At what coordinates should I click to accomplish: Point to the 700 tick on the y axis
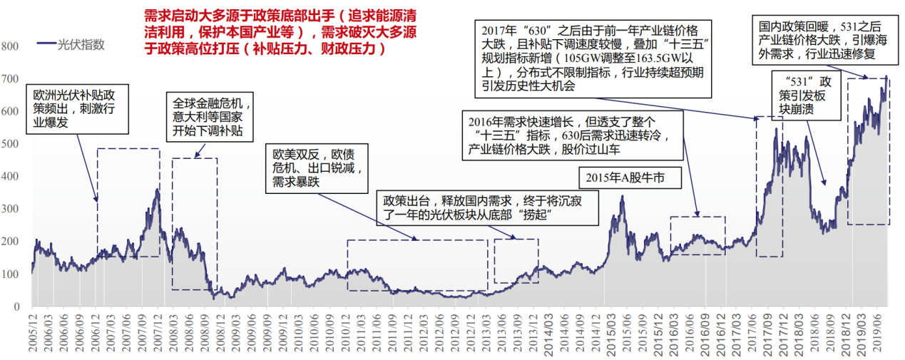[11, 78]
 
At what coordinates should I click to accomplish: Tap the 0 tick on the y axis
[16, 307]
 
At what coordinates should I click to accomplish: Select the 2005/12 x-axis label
[32, 335]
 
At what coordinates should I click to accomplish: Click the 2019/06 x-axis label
[881, 335]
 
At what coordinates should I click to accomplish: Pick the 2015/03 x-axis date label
[612, 335]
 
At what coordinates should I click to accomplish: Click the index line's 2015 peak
[622, 197]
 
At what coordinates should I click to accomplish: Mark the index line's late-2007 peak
[157, 190]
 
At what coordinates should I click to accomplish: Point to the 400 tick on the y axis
[11, 176]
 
